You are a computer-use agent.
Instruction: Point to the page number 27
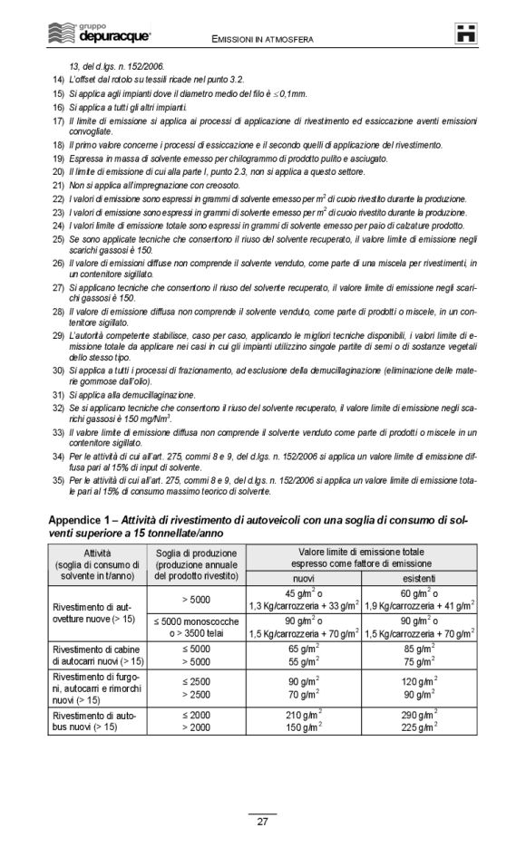[262, 823]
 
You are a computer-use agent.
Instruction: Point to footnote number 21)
[56, 185]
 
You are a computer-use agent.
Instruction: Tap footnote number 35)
[56, 477]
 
